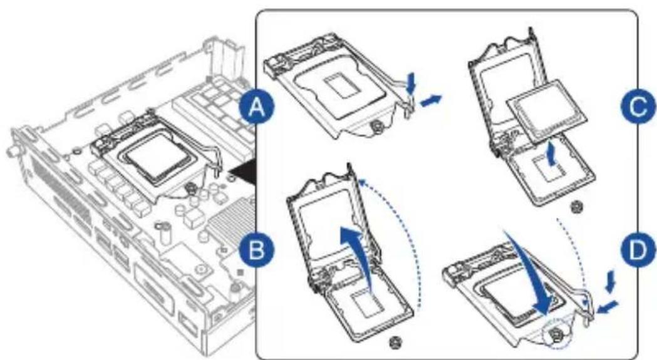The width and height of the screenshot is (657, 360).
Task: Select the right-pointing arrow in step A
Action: (x=432, y=100)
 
